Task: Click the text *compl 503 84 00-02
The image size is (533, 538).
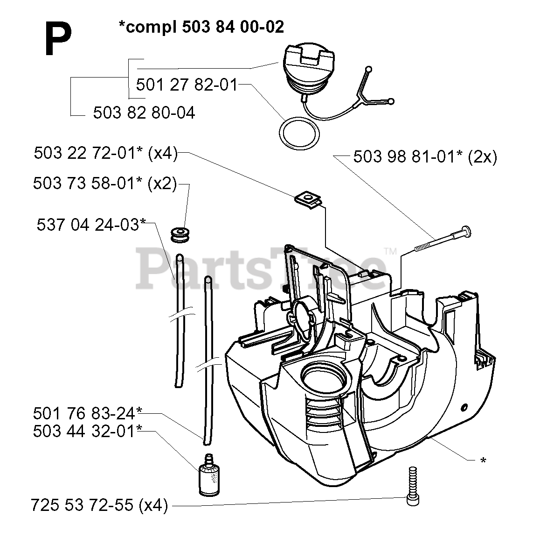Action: coord(201,27)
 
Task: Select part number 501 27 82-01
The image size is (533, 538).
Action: coord(187,85)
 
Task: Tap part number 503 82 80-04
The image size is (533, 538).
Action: coord(144,113)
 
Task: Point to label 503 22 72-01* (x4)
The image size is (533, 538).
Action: coord(106,153)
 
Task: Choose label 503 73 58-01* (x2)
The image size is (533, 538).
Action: coord(105,184)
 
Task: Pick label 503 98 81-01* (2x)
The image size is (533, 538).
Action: coord(425,156)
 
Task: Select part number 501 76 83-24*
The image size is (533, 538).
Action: coord(87,413)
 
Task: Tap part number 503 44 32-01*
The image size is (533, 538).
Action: coord(87,431)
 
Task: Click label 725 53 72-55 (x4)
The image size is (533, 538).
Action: coord(99,505)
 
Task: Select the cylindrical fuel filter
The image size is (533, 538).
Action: coord(208,475)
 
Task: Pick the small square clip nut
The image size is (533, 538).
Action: coord(308,199)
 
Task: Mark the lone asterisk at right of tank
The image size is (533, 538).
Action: coord(483,461)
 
